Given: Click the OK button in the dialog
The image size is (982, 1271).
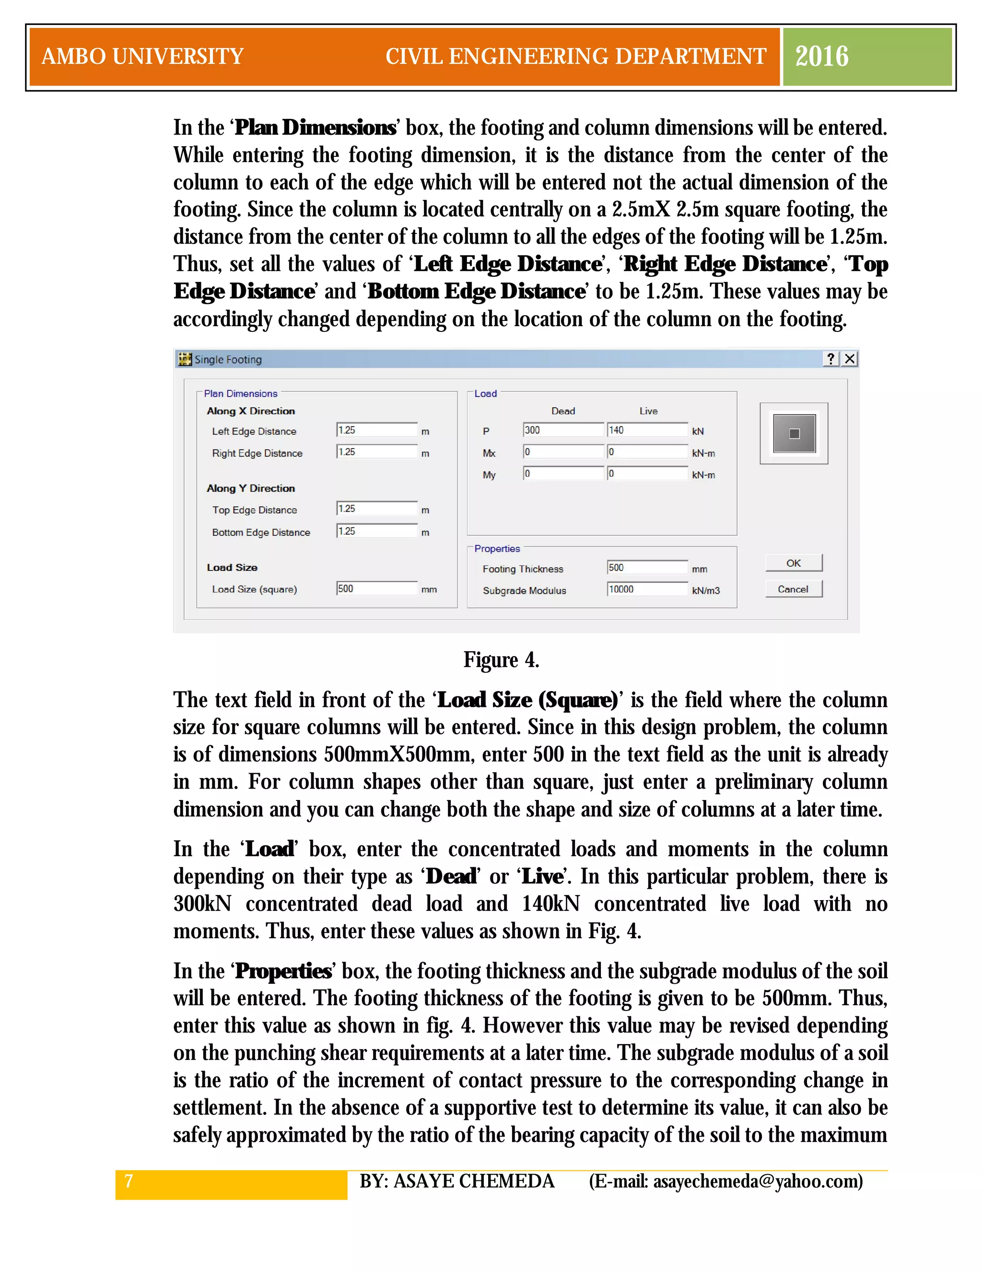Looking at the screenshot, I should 794,563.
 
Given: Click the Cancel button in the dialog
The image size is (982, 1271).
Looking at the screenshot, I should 794,589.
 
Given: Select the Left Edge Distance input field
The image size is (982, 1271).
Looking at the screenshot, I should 376,430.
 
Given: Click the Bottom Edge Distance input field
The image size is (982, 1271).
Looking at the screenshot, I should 376,531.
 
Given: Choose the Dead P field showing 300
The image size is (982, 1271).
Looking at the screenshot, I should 562,430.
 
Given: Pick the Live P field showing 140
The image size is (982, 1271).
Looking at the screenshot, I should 647,430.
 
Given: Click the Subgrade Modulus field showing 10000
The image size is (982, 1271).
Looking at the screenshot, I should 647,589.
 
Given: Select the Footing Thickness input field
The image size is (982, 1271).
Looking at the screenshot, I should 647,567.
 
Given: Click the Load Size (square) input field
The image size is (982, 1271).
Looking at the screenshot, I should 376,588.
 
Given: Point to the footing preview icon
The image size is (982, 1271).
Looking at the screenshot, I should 794,434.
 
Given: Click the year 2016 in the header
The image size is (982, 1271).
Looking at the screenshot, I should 821,57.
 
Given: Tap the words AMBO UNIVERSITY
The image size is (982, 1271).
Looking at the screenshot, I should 142,57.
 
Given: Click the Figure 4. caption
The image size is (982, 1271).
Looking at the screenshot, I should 501,660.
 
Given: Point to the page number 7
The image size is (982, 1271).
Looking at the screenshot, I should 129,1181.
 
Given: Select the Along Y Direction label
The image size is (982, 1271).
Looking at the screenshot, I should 251,488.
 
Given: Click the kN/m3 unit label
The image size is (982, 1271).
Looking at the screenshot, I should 706,591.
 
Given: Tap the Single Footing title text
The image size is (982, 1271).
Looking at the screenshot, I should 228,360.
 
